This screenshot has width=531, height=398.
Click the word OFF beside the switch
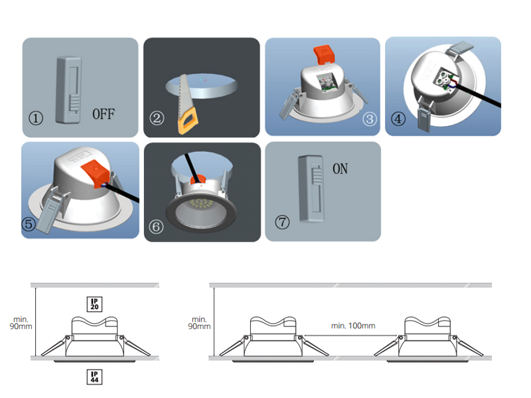[x=104, y=114]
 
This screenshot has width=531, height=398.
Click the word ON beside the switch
[x=340, y=168]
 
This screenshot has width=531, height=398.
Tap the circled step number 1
[x=36, y=118]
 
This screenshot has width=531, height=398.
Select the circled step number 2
[x=157, y=118]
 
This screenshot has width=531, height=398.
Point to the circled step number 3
[x=370, y=119]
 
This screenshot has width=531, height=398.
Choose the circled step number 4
[x=398, y=119]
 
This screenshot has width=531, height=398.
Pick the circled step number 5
[x=29, y=224]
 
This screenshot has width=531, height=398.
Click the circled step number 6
[x=156, y=226]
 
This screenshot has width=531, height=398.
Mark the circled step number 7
[x=282, y=222]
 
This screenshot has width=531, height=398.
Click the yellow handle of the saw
[x=189, y=120]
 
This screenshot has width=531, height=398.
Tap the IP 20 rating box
[x=94, y=304]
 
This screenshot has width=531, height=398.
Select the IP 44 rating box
[x=94, y=377]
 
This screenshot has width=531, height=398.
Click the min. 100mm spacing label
[x=353, y=326]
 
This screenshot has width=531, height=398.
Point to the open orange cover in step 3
[x=324, y=54]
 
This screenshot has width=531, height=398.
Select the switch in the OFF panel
[x=68, y=90]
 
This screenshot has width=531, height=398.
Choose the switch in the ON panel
[x=311, y=188]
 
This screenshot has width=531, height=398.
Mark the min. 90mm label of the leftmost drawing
[x=21, y=323]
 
